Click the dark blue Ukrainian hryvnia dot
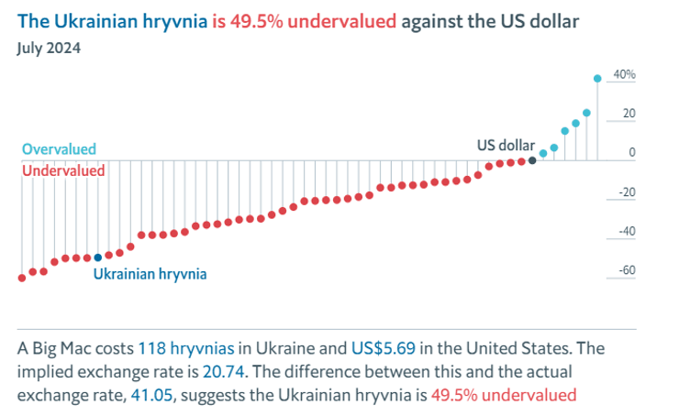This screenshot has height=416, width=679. (x=98, y=257)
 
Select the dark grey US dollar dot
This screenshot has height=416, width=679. (x=532, y=160)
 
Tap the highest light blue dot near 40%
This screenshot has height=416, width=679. (x=597, y=79)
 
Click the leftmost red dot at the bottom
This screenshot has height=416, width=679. (x=22, y=277)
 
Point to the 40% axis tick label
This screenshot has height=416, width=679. (x=624, y=75)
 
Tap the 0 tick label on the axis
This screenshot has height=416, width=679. (x=632, y=153)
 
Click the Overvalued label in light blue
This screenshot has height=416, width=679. (x=59, y=149)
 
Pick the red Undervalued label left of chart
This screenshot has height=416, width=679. (x=62, y=170)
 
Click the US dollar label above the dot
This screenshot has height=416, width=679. (x=506, y=145)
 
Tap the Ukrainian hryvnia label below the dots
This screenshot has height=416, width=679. (x=150, y=274)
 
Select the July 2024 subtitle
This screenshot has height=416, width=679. (x=49, y=48)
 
